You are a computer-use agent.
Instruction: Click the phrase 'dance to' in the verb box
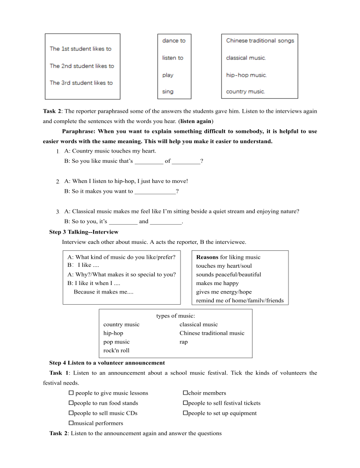[x=173, y=41]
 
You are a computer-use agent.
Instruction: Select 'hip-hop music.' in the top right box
[x=246, y=75]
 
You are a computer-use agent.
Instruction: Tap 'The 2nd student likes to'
[x=82, y=66]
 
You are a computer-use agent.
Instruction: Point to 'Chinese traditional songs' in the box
[x=260, y=41]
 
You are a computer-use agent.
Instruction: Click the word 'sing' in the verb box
[x=167, y=92]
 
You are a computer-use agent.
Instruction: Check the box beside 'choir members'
[x=185, y=393]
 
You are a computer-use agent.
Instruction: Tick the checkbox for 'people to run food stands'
[x=72, y=403]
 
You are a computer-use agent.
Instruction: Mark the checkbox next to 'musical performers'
[x=72, y=423]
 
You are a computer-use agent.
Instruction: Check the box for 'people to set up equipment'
[x=185, y=413]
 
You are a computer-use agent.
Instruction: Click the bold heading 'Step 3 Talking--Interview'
[x=84, y=232]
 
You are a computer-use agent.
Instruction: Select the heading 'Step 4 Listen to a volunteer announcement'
[x=107, y=363]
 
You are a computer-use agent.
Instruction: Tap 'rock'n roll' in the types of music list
[x=116, y=351]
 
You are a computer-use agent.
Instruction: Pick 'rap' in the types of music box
[x=184, y=342]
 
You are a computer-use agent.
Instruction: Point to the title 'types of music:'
[x=175, y=316]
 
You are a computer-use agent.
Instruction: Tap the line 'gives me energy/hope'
[x=223, y=292]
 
